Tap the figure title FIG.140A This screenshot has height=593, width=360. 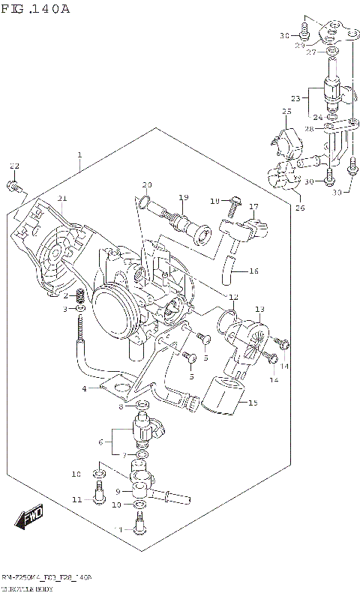click(35, 8)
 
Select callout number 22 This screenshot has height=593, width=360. click(13, 166)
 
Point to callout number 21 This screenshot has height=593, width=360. click(62, 198)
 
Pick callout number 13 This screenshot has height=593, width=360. click(259, 309)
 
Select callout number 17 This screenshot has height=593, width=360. click(253, 206)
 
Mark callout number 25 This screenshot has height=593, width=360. click(286, 112)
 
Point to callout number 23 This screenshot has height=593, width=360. click(295, 98)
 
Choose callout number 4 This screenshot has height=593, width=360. click(85, 388)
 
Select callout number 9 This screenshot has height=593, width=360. click(117, 490)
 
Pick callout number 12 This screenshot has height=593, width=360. click(233, 296)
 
